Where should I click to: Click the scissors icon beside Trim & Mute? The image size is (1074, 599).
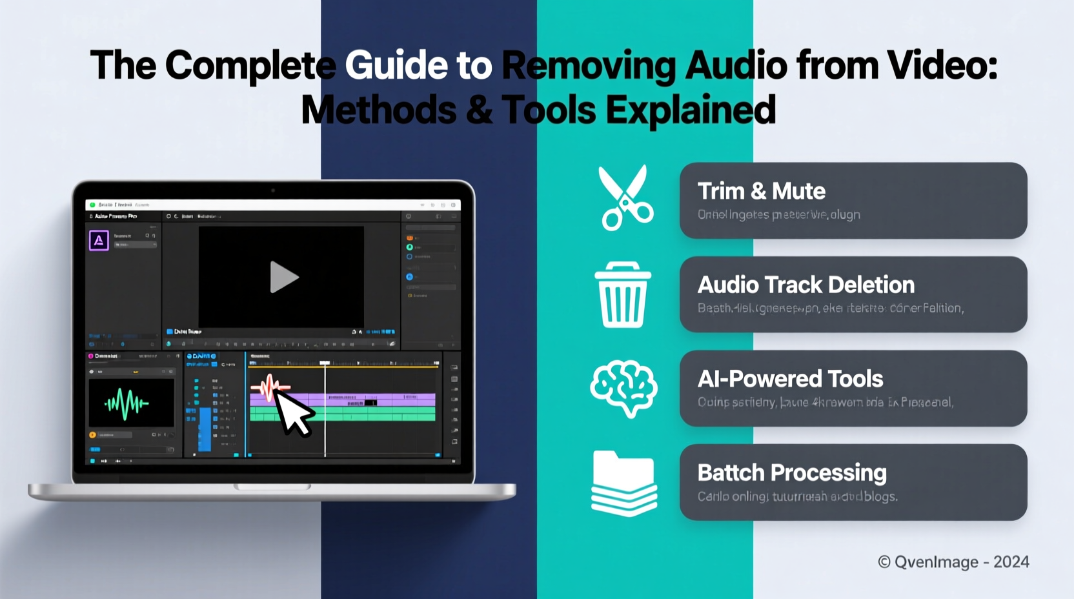point(625,198)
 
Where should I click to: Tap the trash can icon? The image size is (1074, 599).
point(622,294)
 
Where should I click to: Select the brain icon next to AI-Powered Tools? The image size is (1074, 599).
point(623,389)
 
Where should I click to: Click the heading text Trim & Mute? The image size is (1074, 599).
point(761,192)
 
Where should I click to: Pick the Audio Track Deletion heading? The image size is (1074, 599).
point(805,285)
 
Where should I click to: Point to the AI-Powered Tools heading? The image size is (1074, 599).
point(790,379)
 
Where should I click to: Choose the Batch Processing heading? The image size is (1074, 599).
point(792,473)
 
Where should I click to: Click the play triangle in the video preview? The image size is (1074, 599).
point(283,277)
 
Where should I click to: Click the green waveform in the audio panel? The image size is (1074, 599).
point(127,403)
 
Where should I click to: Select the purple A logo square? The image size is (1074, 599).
point(99,241)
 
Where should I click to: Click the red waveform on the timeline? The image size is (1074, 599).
point(269,387)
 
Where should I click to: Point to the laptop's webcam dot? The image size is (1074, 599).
point(273,190)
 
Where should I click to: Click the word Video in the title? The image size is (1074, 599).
point(942,66)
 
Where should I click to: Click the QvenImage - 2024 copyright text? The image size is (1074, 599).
point(953,562)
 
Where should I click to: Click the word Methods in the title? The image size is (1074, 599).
point(379,110)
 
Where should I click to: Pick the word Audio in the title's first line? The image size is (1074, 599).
point(736,66)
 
